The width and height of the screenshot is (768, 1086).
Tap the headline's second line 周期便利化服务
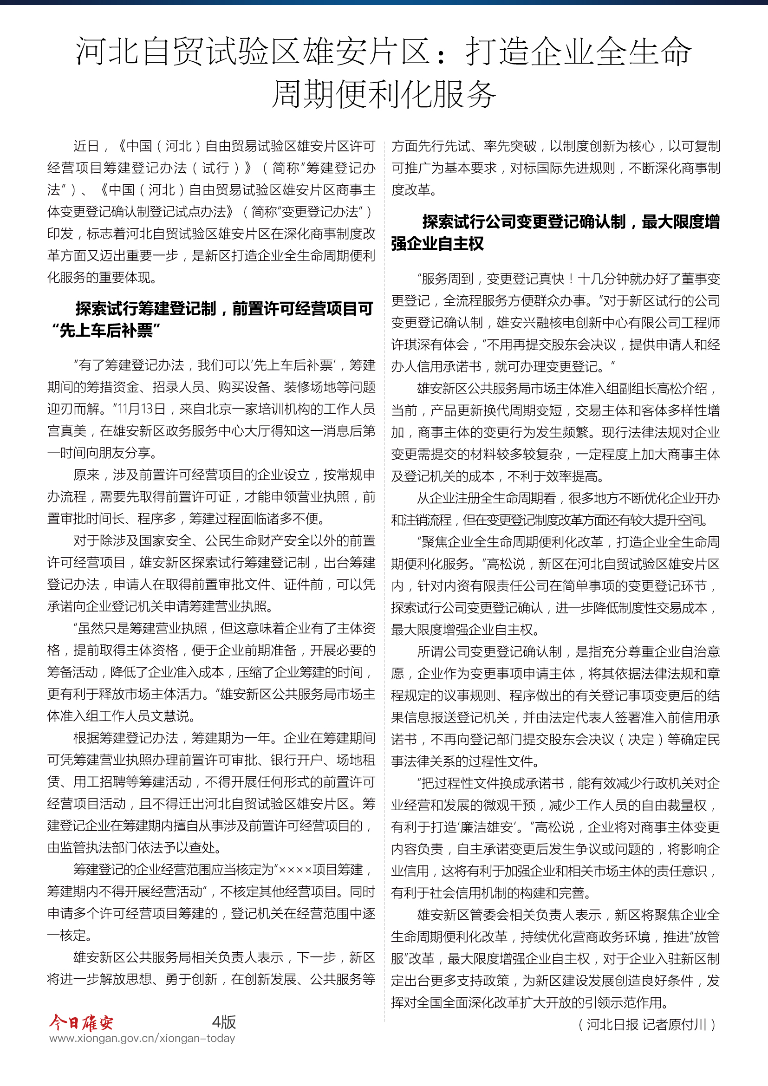[384, 94]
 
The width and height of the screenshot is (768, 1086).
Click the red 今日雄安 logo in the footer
[81, 1022]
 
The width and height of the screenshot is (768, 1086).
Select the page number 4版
[224, 1021]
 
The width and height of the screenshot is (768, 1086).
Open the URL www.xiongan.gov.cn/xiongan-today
[143, 1038]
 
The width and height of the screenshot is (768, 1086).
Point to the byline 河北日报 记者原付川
[646, 1025]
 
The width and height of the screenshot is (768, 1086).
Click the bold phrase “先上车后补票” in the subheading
[107, 330]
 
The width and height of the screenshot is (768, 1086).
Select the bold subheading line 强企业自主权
[437, 244]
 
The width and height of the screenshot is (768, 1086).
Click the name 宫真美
[67, 431]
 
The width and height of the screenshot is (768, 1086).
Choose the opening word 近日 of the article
[86, 146]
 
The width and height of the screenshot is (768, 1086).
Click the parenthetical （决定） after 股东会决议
[643, 739]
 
